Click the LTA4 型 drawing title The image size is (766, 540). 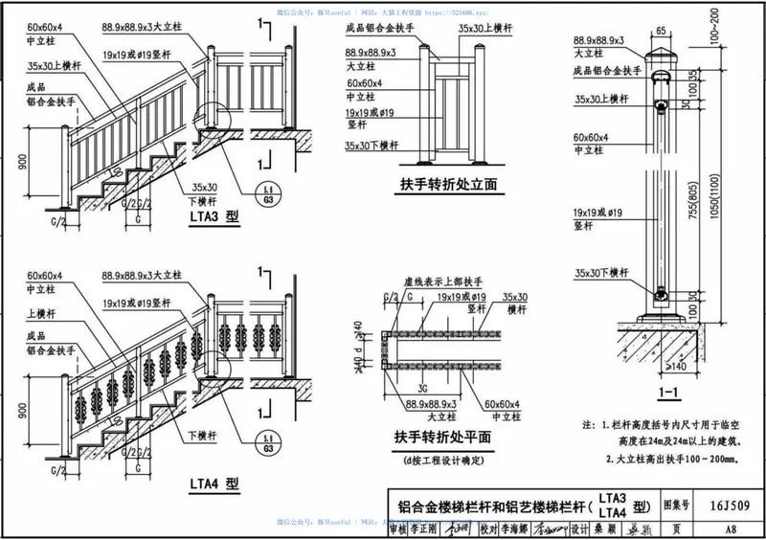[x=214, y=484]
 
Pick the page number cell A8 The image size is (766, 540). [x=730, y=529]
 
